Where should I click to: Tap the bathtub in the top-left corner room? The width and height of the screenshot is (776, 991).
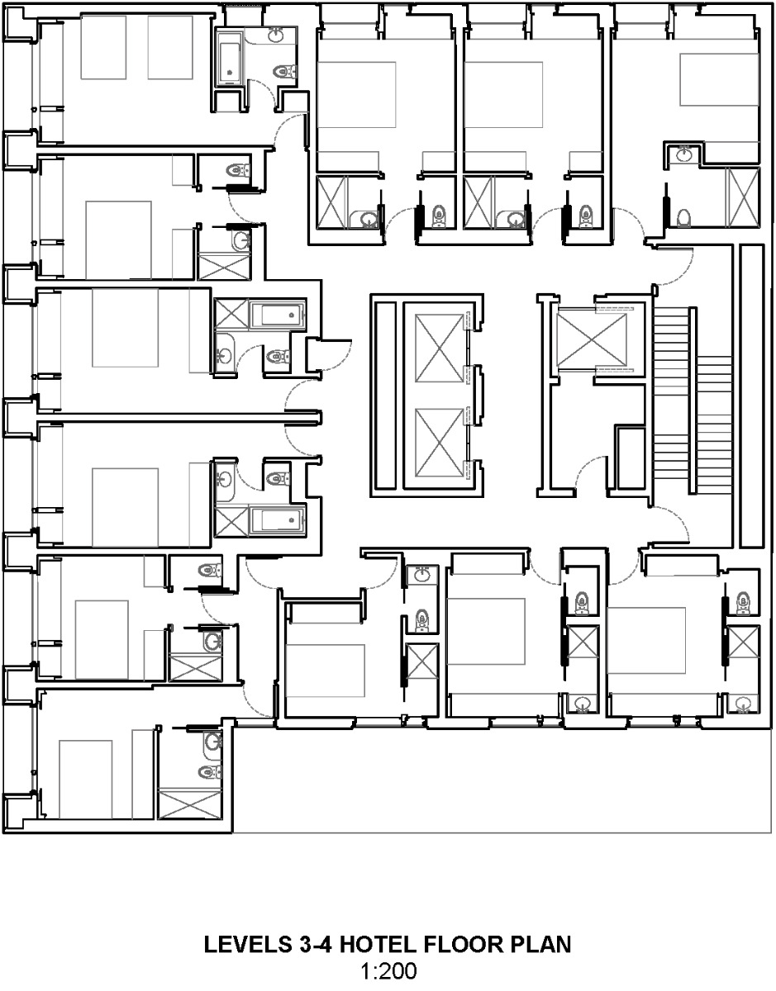coord(228,58)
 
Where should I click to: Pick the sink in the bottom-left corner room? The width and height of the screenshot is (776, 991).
coord(212,741)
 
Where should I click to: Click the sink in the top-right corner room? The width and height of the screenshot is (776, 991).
coord(685,154)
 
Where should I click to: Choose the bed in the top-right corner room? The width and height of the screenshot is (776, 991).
coord(719,79)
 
